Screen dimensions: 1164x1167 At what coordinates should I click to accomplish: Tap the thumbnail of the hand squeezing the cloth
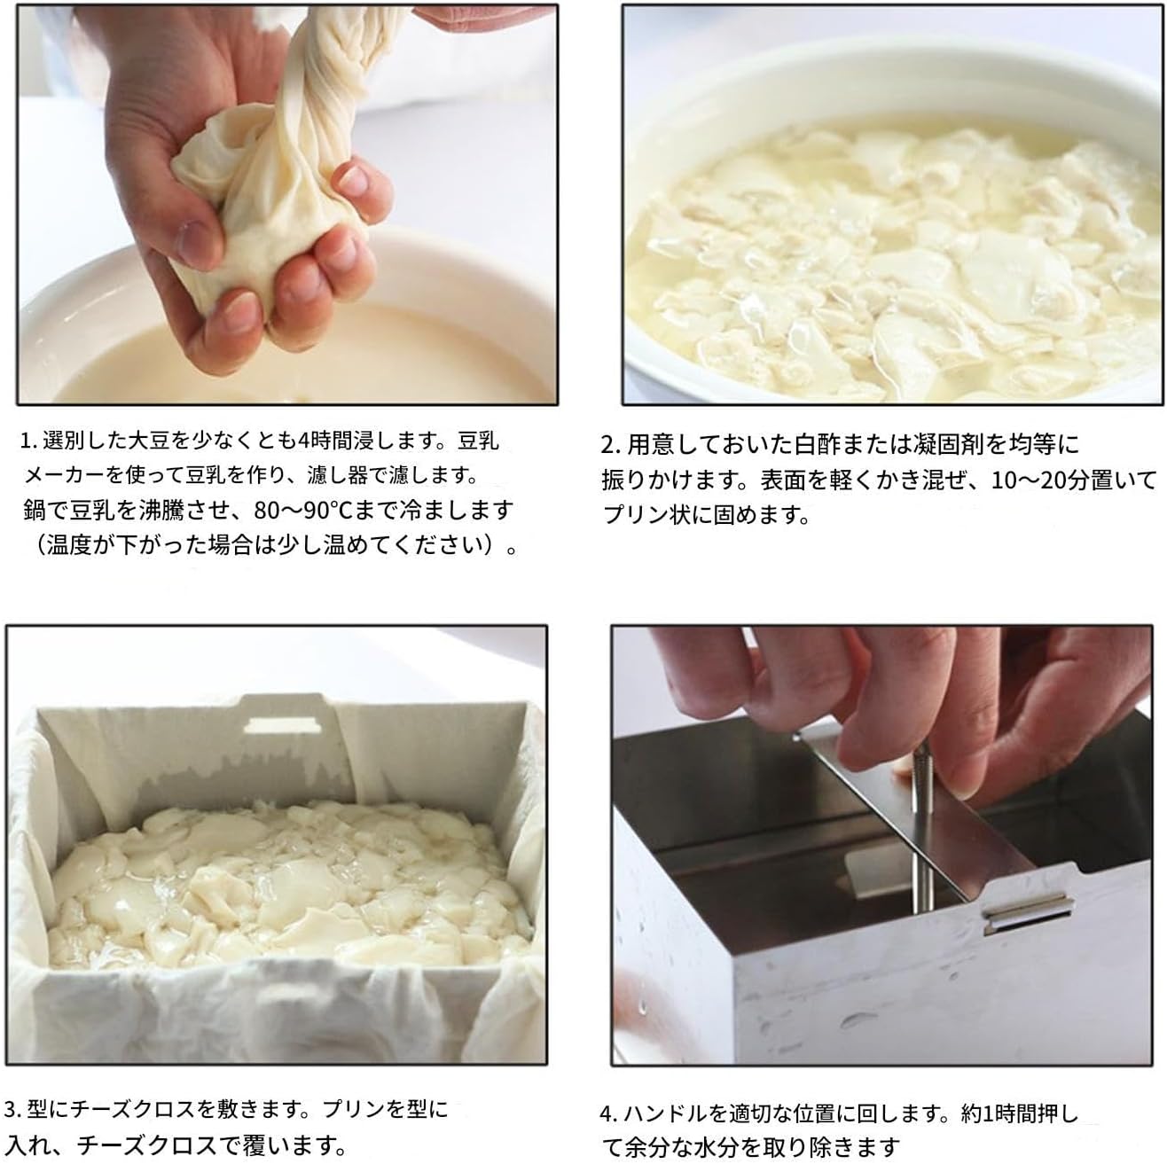[x=289, y=205]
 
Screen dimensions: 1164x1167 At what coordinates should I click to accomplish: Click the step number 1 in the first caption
[x=27, y=440]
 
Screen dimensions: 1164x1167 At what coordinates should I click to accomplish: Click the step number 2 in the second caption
[x=607, y=443]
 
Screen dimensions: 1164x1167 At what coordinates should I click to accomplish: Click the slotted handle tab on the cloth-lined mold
[x=282, y=725]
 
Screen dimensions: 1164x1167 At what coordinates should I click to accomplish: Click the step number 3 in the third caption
[x=12, y=1109]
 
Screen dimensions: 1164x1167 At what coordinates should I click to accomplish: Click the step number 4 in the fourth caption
[x=606, y=1113]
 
